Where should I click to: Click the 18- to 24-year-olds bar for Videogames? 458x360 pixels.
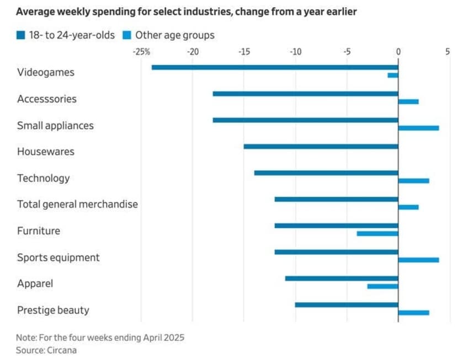[275, 67]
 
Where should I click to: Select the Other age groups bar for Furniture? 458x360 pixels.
[377, 234]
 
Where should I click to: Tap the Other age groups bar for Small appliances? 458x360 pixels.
[418, 128]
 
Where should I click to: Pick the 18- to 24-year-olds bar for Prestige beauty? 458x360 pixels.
[347, 305]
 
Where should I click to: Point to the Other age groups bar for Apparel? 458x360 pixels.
[382, 287]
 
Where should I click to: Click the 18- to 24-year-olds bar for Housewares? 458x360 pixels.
[321, 147]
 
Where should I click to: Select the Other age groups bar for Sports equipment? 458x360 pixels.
[418, 260]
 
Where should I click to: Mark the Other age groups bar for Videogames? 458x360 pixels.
[393, 75]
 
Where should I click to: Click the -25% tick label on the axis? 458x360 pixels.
[141, 52]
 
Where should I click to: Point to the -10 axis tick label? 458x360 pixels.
[295, 52]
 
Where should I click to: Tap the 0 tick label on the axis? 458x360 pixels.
[398, 52]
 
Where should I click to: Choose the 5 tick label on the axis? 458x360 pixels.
[446, 52]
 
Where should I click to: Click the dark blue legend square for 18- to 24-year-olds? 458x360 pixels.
[21, 35]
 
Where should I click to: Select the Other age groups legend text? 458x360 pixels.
[175, 35]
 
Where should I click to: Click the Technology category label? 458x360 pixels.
[44, 178]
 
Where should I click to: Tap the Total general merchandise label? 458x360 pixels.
[77, 205]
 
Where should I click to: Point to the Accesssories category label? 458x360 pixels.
[47, 99]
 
